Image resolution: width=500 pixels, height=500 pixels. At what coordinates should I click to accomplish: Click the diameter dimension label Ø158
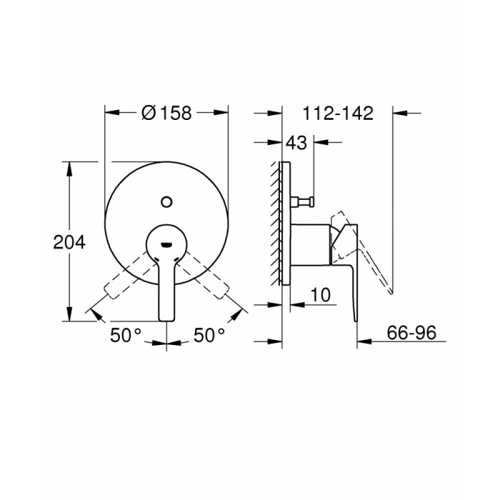[166, 113]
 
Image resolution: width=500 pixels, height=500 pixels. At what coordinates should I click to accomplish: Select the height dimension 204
[69, 242]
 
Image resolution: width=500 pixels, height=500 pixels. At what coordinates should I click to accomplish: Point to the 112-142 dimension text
[338, 113]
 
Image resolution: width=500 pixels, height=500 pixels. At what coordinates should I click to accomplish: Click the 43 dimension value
[296, 143]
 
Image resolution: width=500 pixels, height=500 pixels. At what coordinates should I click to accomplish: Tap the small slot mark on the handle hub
[166, 243]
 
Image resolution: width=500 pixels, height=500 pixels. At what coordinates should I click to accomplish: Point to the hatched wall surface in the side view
[277, 221]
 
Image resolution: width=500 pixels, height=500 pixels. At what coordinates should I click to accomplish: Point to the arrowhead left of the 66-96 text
[363, 342]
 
